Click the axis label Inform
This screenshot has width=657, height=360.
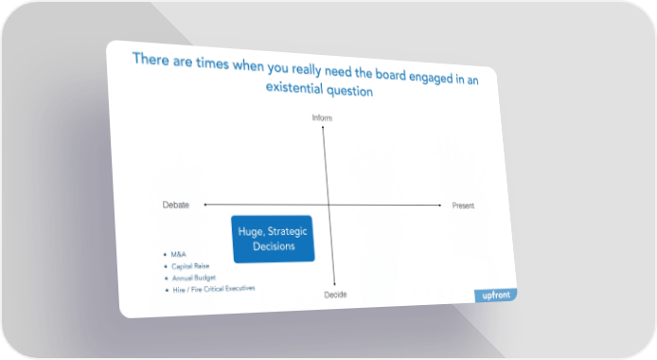click(x=322, y=117)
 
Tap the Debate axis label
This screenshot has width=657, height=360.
click(x=176, y=205)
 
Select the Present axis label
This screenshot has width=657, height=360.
click(x=463, y=206)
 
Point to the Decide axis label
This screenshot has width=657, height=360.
click(x=336, y=295)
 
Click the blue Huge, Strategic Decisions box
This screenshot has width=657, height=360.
click(x=273, y=239)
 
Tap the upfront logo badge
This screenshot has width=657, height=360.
click(x=496, y=295)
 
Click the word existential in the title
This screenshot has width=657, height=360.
click(x=294, y=87)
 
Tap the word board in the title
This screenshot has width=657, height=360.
click(x=391, y=75)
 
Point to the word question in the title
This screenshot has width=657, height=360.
click(x=350, y=91)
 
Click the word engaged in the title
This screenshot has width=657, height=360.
click(x=431, y=78)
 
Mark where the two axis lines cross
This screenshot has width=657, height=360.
click(x=328, y=205)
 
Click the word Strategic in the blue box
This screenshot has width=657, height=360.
click(x=288, y=231)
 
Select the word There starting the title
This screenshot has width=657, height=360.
click(x=151, y=59)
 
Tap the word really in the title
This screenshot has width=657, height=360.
click(x=307, y=69)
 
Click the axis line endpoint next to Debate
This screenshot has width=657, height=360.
click(x=204, y=205)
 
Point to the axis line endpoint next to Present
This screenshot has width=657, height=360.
click(x=440, y=206)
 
